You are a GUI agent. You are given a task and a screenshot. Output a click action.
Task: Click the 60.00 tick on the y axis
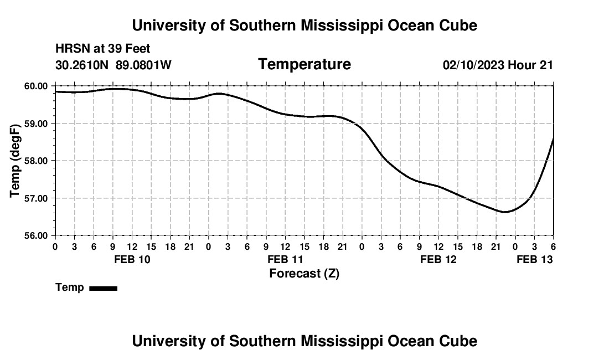(x=37, y=86)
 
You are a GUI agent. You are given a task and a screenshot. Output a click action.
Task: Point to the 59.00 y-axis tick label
(x=37, y=123)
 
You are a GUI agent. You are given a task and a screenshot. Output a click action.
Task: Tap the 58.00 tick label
(x=37, y=161)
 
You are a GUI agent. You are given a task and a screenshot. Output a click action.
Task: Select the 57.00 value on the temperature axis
(x=37, y=198)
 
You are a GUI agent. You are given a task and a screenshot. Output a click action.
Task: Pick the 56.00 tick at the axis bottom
(x=37, y=235)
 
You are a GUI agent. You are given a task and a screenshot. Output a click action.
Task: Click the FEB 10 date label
(x=132, y=259)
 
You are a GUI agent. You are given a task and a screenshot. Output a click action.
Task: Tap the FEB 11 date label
(x=285, y=259)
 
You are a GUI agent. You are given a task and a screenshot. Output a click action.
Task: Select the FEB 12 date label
(x=438, y=259)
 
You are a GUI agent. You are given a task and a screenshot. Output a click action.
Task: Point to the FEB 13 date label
(x=535, y=259)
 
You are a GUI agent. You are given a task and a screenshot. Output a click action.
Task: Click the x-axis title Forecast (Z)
(x=304, y=274)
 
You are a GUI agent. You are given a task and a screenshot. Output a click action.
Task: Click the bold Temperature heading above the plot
(x=304, y=64)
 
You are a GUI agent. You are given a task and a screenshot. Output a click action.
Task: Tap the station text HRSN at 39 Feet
(x=102, y=49)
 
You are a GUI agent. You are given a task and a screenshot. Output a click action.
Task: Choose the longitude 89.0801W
(x=143, y=65)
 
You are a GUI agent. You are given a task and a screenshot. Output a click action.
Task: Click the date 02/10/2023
(x=473, y=65)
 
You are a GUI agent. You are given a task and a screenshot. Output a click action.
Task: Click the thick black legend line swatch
(x=103, y=288)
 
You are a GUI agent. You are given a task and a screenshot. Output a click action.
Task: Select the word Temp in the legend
(x=70, y=287)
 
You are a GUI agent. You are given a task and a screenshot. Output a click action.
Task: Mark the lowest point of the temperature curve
(x=505, y=212)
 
